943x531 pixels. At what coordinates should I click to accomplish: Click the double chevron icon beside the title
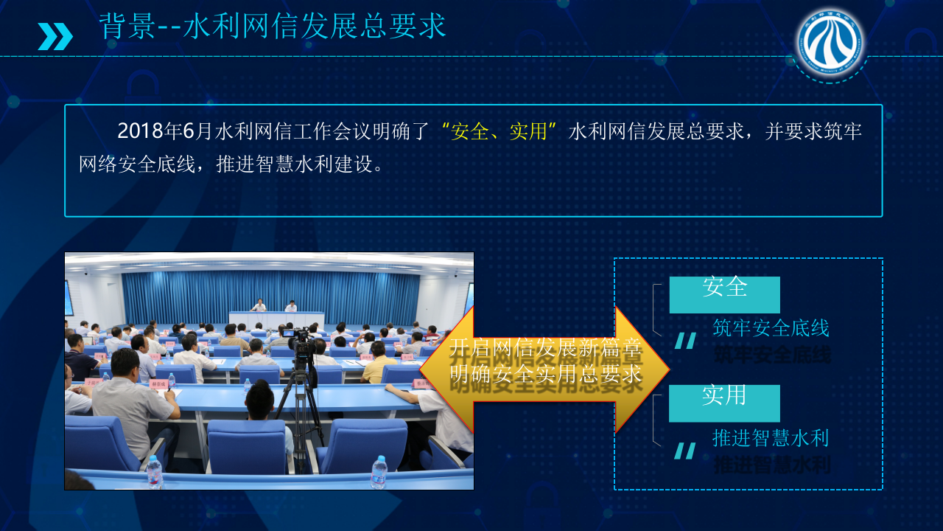pos(55,36)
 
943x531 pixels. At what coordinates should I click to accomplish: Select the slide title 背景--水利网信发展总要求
pos(273,27)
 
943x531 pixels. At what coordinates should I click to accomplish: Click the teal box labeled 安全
pos(724,294)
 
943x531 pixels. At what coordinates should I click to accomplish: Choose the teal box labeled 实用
pos(724,403)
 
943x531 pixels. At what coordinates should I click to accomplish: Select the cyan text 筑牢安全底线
pos(771,328)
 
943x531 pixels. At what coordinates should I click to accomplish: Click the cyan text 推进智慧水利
pos(771,438)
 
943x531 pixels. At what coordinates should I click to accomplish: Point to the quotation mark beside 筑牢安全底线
pos(686,341)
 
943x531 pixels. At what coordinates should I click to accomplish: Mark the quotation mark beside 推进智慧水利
pos(685,451)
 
